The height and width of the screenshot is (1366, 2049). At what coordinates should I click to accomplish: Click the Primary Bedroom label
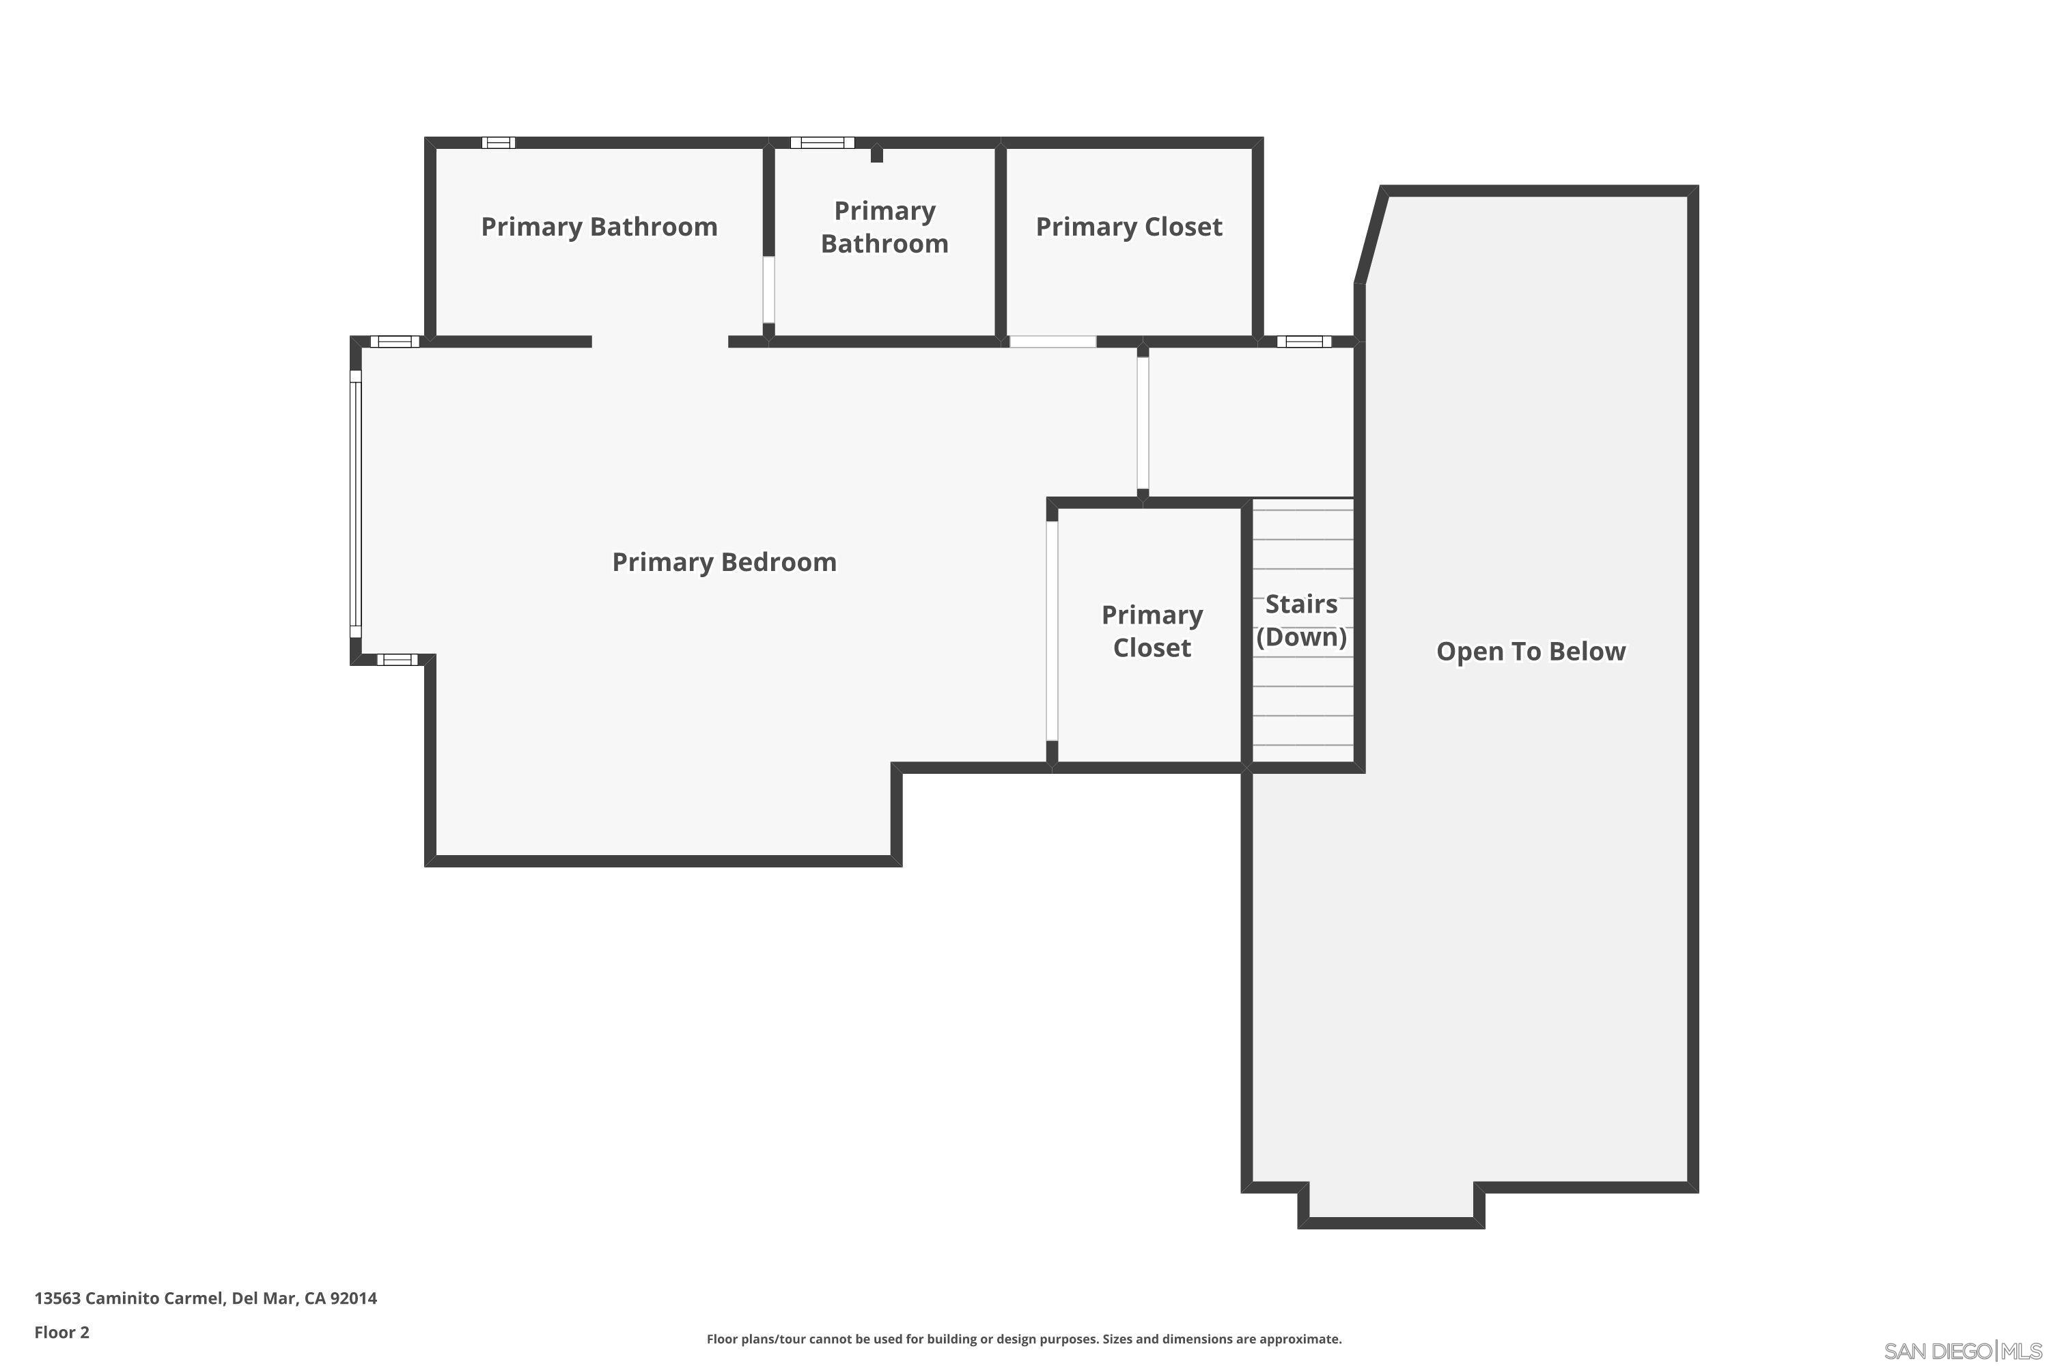(724, 562)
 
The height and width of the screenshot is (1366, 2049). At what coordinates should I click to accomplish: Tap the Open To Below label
(1531, 652)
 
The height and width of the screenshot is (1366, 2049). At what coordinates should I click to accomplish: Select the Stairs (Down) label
(1302, 620)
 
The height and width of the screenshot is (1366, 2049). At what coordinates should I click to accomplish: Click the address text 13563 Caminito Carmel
(130, 1298)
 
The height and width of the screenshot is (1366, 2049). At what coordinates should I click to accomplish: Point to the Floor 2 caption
(62, 1332)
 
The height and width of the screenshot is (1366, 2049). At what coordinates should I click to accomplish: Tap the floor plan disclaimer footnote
(1024, 1339)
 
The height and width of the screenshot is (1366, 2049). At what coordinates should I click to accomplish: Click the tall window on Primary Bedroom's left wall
(355, 503)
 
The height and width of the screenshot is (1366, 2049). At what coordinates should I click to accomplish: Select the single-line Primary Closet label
(1129, 227)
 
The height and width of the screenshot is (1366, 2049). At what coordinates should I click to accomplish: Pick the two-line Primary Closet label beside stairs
(1152, 630)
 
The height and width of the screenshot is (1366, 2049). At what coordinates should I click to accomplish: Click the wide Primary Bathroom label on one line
(600, 227)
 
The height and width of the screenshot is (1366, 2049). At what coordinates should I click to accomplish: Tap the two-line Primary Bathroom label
(884, 227)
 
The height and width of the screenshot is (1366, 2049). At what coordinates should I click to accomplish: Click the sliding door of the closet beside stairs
(1052, 630)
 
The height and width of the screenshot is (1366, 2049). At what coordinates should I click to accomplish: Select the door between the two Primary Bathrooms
(768, 289)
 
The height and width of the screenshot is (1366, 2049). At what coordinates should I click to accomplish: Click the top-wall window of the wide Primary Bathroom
(499, 143)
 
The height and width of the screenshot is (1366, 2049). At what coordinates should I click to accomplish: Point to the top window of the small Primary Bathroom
(822, 143)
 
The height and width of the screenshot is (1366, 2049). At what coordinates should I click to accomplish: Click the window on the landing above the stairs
(1304, 341)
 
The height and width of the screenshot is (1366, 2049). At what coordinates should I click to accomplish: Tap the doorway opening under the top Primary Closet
(1053, 341)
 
